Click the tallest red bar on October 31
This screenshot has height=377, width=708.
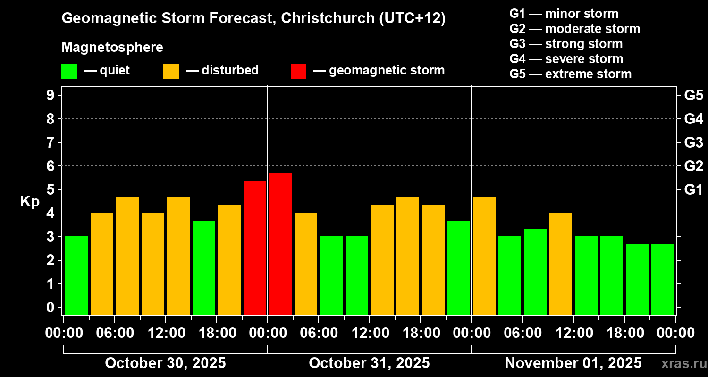point(280,244)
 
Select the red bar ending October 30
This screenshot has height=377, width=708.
point(255,248)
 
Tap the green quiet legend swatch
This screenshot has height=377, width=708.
point(69,71)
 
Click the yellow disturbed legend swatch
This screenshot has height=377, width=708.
point(171,71)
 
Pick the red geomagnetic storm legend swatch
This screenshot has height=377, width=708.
point(298,71)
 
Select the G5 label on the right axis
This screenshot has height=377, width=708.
point(693,95)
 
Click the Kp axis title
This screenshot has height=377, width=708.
point(29,202)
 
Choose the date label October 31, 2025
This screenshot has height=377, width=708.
point(369,363)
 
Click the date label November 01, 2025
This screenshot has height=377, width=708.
point(573,363)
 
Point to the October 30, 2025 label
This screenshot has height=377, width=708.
point(165,363)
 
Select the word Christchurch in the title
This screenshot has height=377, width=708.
point(324,18)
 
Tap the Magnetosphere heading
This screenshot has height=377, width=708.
point(112,48)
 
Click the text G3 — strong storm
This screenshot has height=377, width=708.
point(566,44)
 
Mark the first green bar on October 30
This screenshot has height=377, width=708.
point(76,275)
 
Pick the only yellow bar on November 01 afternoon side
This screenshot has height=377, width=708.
point(561,263)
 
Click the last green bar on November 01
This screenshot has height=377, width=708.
point(663,279)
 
